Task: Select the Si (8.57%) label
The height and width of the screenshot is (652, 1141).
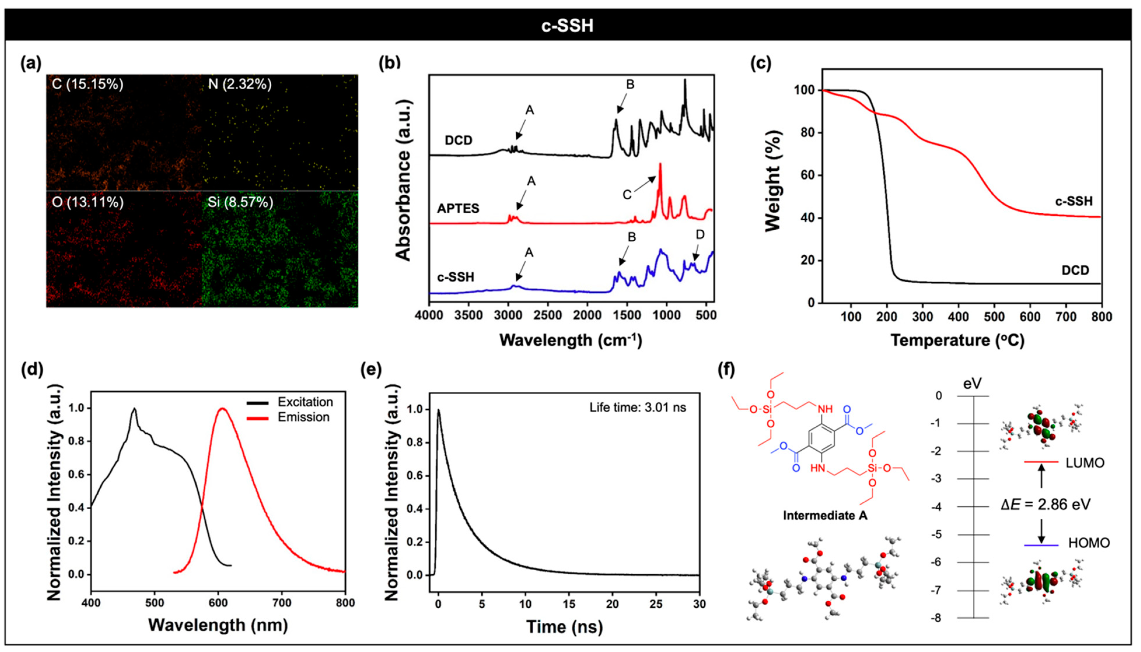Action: (x=240, y=203)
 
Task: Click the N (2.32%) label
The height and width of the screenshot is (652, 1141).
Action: (x=240, y=84)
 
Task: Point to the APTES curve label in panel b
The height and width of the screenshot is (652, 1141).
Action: (x=458, y=209)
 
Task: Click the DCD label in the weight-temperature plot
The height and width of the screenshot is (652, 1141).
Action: (x=1075, y=271)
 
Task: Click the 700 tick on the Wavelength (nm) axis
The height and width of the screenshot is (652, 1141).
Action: (x=282, y=603)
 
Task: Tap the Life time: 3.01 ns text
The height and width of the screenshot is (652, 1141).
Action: (x=637, y=407)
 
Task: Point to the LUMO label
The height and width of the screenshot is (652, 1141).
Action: (x=1085, y=463)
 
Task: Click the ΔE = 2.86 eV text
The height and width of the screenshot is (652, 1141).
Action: (x=1046, y=505)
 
